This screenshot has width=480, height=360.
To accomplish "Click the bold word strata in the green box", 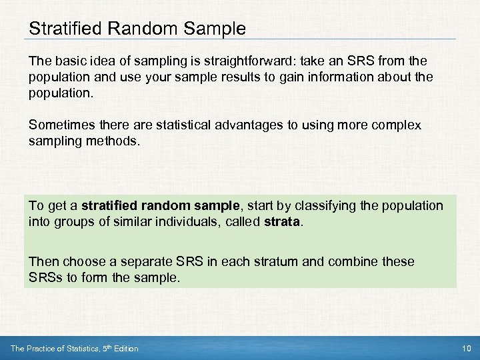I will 280,221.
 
